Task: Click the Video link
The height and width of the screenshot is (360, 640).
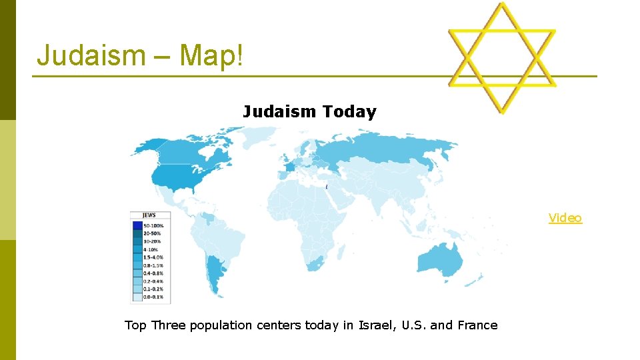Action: point(565,218)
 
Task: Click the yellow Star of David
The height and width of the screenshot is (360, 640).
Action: point(502,59)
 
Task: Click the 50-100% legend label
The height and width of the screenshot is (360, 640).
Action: point(153,225)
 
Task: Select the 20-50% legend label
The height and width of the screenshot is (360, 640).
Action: point(153,233)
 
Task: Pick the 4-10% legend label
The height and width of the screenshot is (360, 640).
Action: point(151,249)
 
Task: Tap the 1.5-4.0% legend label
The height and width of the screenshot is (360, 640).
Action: point(153,257)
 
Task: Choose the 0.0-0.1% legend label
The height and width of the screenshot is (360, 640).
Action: point(153,297)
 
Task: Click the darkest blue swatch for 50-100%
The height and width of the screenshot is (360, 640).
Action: point(137,225)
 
